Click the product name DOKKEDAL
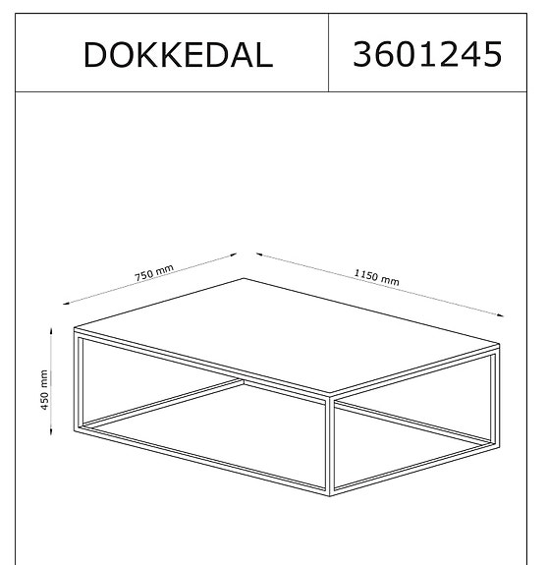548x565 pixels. [x=178, y=55]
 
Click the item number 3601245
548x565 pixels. [x=426, y=54]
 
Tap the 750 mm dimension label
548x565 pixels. [x=154, y=274]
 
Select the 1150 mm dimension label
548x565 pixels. [x=377, y=278]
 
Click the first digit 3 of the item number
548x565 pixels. [x=360, y=54]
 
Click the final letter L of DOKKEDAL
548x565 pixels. [x=260, y=55]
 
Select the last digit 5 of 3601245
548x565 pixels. [x=491, y=54]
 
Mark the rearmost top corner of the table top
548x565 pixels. [x=244, y=279]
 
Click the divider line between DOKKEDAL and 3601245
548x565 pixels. [x=328, y=54]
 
